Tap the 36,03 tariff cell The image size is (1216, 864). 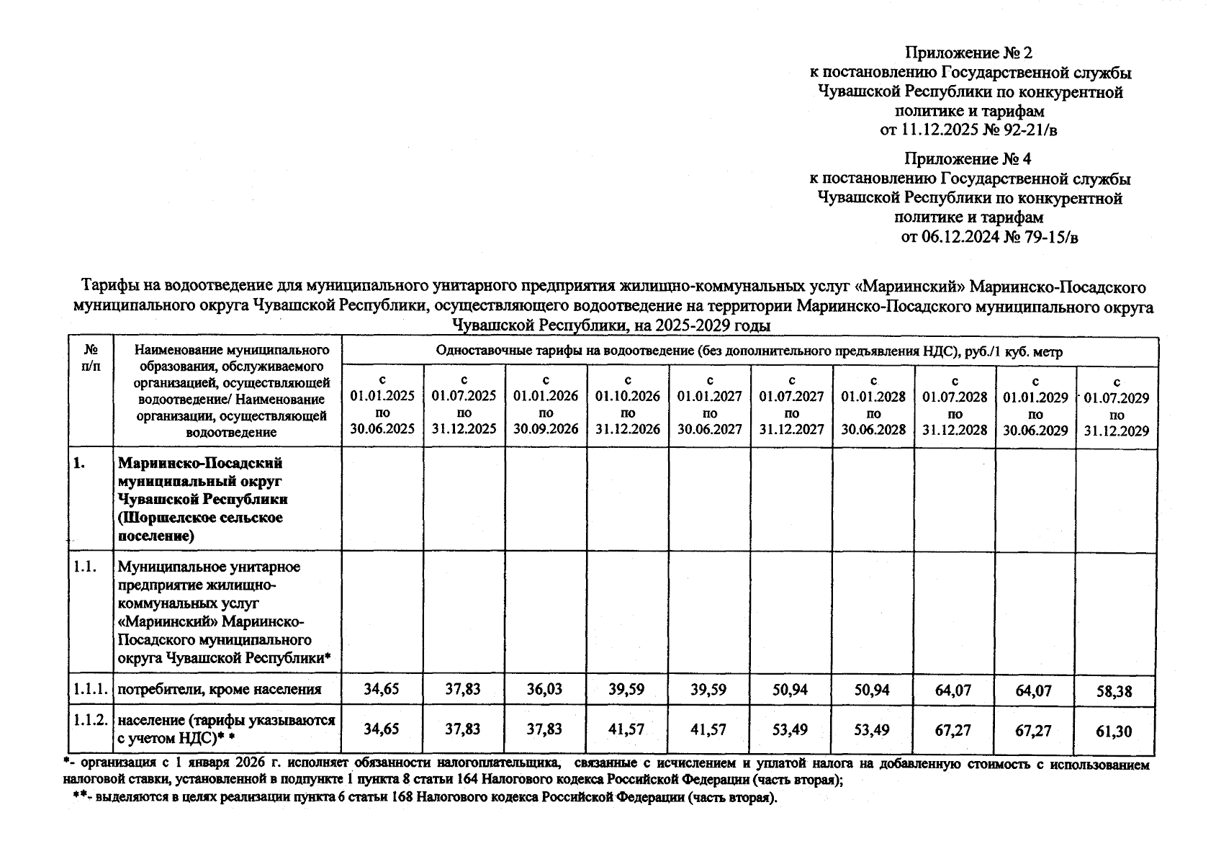coord(544,689)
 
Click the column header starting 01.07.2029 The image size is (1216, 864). coord(1117,406)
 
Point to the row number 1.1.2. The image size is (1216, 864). coord(90,719)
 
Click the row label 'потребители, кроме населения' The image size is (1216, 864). coord(219,689)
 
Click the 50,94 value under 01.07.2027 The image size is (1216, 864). coord(791,689)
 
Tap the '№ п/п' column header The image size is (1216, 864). coord(91,358)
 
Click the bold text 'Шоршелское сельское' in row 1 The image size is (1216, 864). coord(200,518)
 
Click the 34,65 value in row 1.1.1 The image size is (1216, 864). coord(381,689)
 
